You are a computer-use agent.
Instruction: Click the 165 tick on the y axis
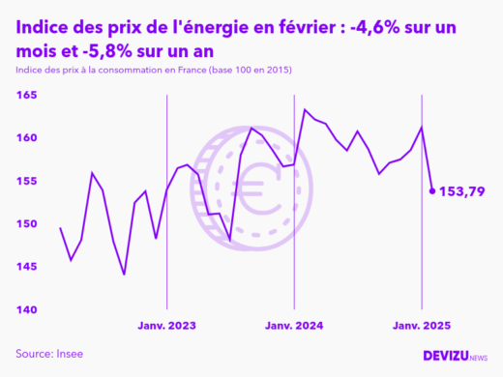tap(26, 96)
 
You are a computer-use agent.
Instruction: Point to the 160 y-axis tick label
tap(26, 138)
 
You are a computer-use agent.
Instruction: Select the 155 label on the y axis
tap(26, 181)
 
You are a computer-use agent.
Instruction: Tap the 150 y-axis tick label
tap(26, 224)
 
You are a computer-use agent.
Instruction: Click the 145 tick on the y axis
tap(26, 267)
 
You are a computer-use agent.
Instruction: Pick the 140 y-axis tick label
tap(26, 309)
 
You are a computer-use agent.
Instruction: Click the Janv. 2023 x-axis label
tap(167, 326)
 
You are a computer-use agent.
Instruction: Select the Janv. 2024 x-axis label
tap(294, 326)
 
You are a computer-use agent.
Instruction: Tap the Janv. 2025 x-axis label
tap(421, 326)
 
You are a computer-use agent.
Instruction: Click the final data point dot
tap(431, 190)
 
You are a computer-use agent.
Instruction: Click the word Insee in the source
tap(69, 353)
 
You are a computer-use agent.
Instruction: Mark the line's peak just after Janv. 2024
tap(305, 109)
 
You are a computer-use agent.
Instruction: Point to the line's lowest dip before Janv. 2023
tap(124, 275)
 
